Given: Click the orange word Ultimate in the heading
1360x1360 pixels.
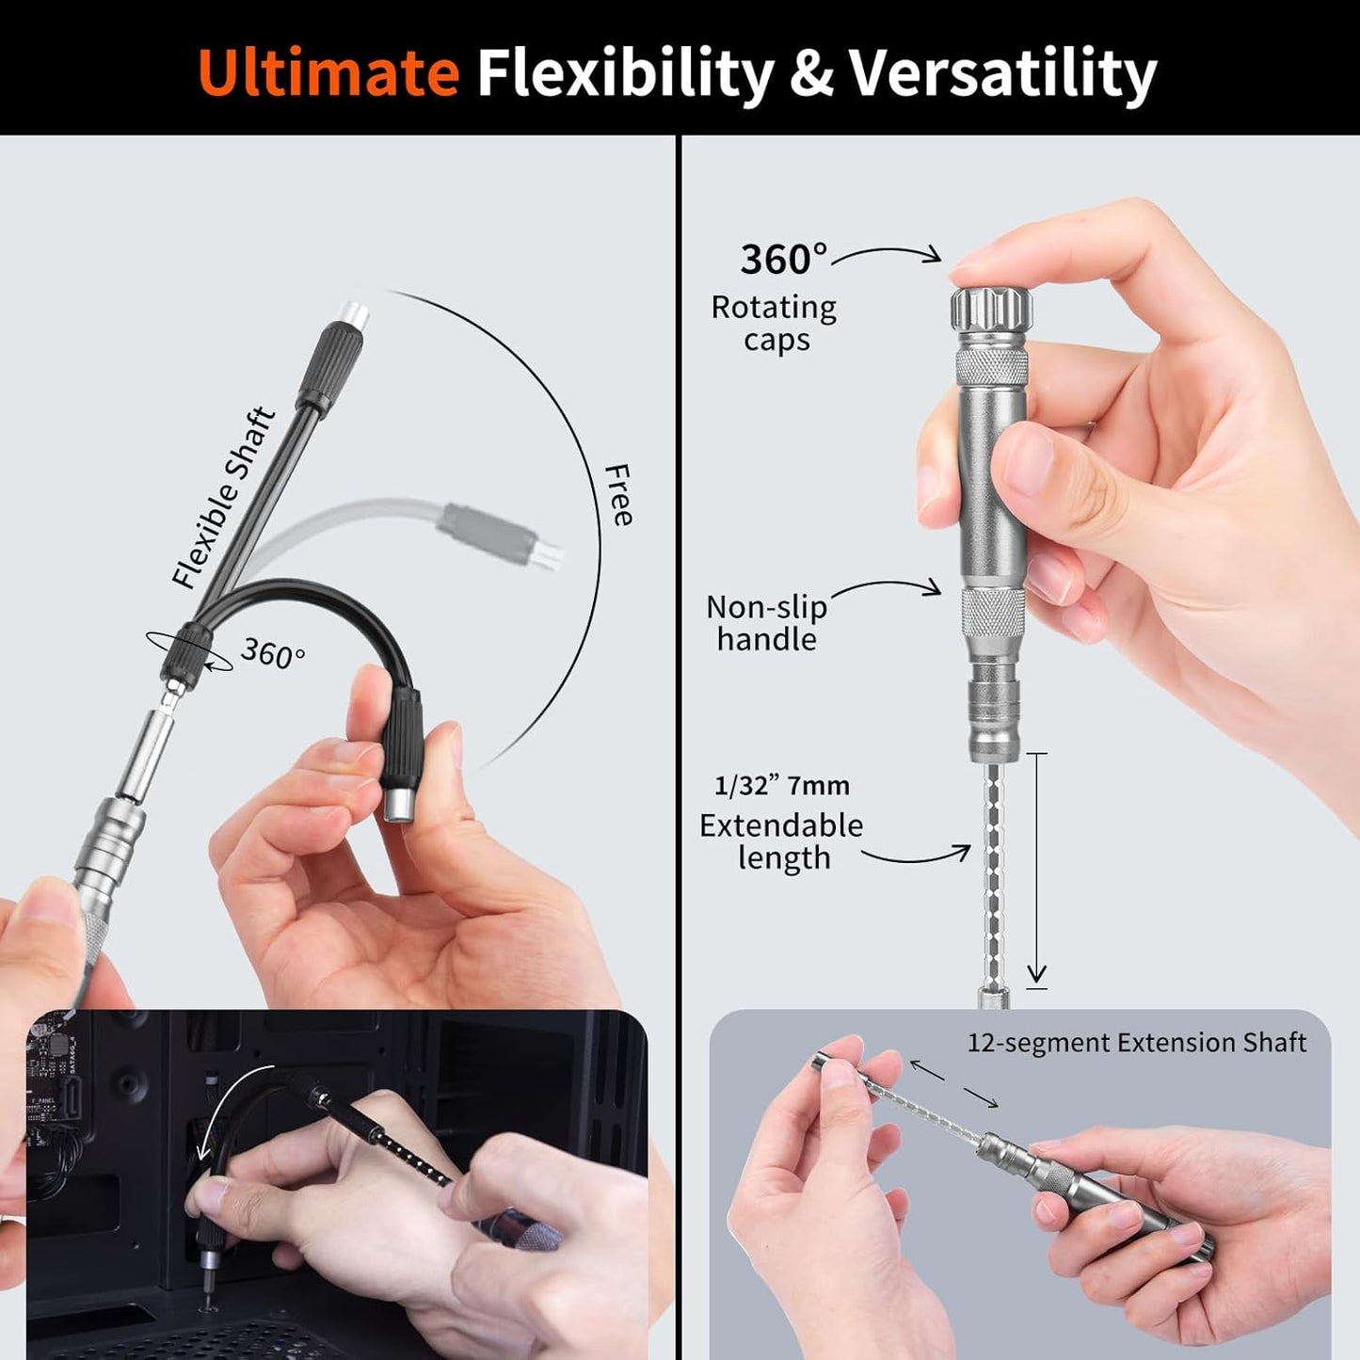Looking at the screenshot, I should (328, 72).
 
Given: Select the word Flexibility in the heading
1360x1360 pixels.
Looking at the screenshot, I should (625, 72).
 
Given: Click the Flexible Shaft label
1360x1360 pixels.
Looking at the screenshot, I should (223, 498).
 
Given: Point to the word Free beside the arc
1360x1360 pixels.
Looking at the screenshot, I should (617, 495).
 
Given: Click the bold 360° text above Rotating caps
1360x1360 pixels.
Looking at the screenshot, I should (783, 260).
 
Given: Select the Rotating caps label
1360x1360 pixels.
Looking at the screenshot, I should (774, 323).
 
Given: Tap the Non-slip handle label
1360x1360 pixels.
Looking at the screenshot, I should (766, 623).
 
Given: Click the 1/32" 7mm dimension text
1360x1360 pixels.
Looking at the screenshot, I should (781, 786).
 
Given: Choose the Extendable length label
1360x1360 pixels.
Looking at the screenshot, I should (781, 841).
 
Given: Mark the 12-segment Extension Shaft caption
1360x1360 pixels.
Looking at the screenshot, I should (1136, 1043).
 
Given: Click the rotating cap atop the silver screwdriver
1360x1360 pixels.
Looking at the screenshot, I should (991, 308).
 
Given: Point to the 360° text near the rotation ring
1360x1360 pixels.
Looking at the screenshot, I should (273, 652).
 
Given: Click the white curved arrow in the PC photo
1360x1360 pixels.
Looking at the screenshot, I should (226, 1111).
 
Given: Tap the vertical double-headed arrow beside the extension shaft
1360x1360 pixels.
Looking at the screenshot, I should (1036, 870).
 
